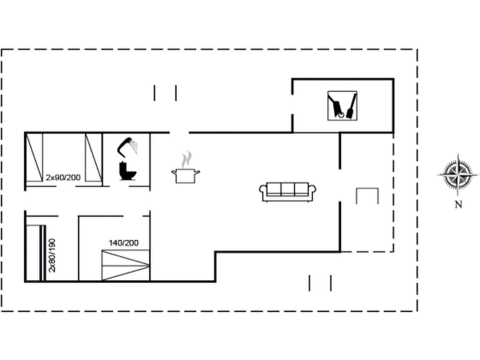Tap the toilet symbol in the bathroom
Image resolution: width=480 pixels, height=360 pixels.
(127, 170)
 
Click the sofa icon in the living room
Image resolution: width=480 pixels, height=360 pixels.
(288, 191)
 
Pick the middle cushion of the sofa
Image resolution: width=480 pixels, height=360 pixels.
(288, 189)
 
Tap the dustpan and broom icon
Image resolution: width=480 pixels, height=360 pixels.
(342, 105)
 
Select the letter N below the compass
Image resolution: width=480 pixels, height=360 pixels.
(458, 204)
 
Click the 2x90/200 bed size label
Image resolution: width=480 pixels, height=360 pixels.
(63, 177)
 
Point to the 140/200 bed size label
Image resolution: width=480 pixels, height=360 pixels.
(123, 243)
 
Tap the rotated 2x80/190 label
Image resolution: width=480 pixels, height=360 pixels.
(52, 254)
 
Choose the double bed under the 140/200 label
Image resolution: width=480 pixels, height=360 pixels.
(125, 265)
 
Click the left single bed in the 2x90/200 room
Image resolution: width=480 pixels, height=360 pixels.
(34, 157)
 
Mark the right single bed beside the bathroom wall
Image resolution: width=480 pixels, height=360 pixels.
(93, 157)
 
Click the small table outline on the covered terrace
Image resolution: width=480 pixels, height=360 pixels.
(367, 195)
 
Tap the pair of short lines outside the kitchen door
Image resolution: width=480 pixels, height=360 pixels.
(165, 93)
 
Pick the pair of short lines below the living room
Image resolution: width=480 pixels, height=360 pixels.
(320, 283)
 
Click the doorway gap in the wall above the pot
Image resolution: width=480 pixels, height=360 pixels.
(179, 132)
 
